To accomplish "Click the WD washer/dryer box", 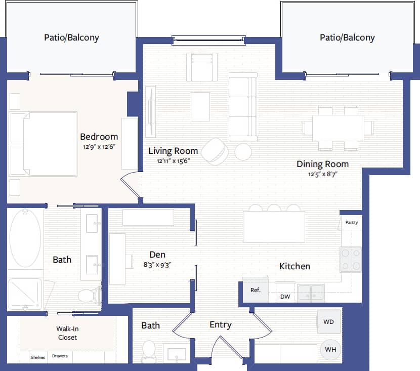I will tap(328, 322).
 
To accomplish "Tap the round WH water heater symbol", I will tap(330, 349).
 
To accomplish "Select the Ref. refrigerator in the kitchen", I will tap(256, 291).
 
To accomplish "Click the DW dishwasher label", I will tap(285, 297).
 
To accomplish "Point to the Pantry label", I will tap(352, 222).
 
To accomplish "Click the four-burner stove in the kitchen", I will tap(351, 260).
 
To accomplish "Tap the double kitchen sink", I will tap(311, 293).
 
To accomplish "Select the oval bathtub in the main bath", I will tap(25, 238).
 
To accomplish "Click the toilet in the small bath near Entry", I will tap(149, 350).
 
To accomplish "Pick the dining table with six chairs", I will tap(338, 128).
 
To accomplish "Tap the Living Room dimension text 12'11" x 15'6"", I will tap(173, 161).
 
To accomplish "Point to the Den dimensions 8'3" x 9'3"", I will tap(157, 264).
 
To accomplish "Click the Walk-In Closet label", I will tap(67, 333).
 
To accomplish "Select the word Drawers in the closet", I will tap(60, 356).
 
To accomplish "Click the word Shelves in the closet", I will tap(37, 357).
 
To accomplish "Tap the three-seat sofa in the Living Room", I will tap(243, 107).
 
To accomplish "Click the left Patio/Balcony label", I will tap(71, 37).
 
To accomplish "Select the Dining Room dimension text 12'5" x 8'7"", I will tap(323, 174).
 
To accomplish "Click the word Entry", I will tap(220, 325).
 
